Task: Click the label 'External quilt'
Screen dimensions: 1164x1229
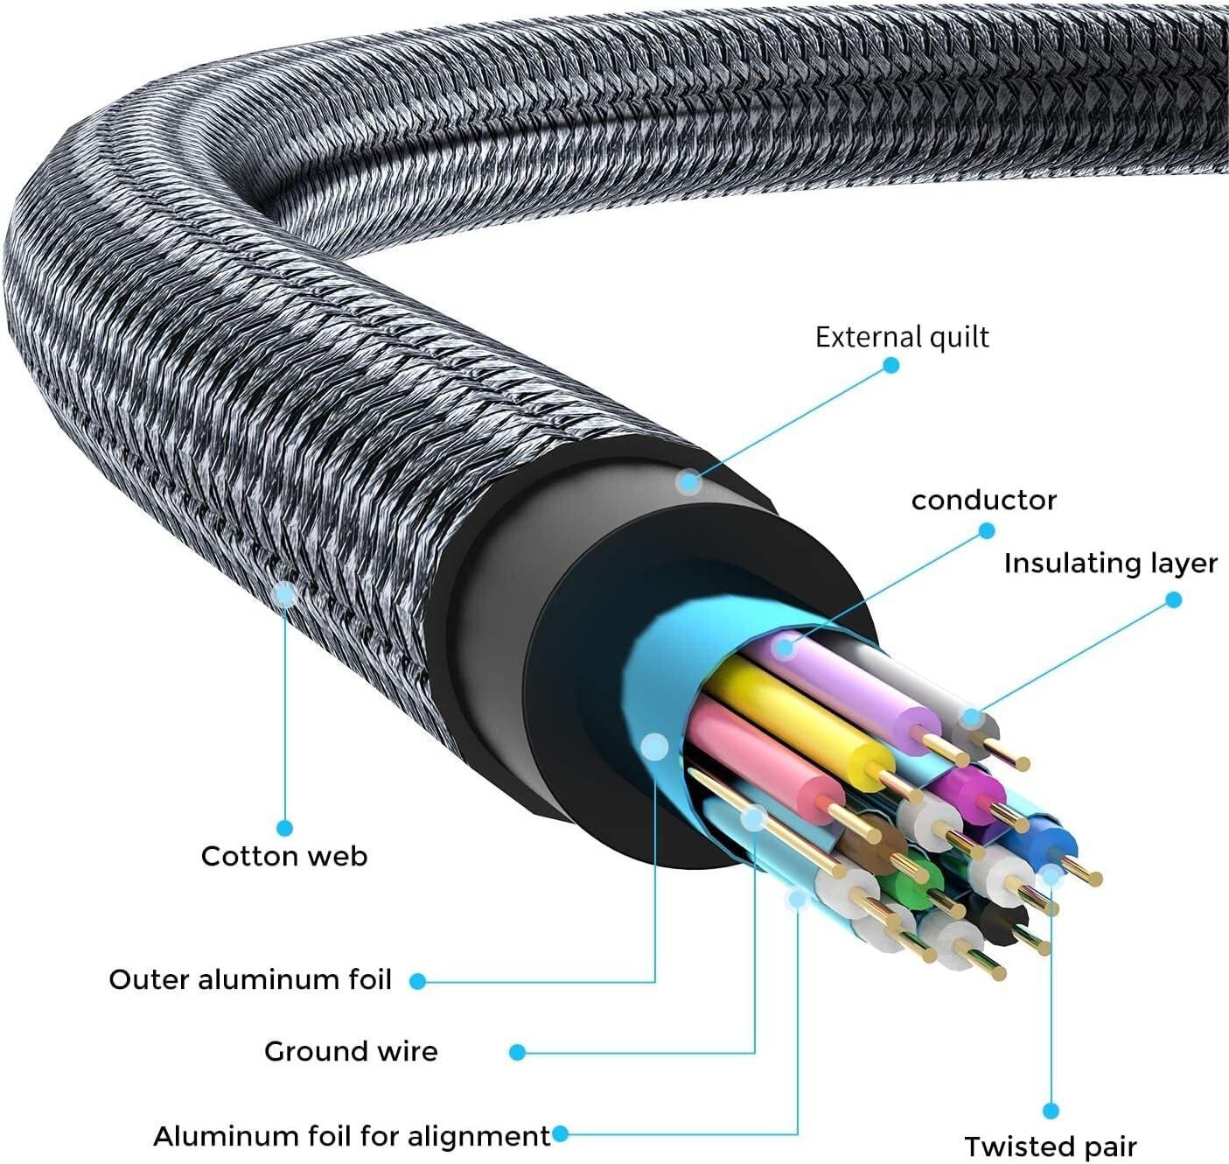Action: tap(902, 337)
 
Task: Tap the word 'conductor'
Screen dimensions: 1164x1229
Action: tap(983, 501)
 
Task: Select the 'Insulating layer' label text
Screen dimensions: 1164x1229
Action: tap(1110, 564)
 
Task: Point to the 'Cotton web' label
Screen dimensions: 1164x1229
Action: tap(284, 856)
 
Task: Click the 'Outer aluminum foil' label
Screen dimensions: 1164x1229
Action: tap(250, 979)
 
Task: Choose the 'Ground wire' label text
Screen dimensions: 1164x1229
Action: tap(351, 1051)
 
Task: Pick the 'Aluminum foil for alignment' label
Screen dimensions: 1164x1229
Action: tap(352, 1136)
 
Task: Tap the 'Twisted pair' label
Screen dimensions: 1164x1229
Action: tap(1051, 1146)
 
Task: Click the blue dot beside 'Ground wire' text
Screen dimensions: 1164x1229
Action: tap(518, 1052)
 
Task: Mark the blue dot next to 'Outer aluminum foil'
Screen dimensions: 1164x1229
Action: tap(418, 981)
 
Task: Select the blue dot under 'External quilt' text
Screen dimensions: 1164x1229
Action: tap(890, 365)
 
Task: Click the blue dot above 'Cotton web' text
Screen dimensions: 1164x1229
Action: tap(284, 827)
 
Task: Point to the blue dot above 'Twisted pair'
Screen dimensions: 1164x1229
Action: tap(1051, 1111)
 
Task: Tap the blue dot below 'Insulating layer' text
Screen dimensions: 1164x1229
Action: tap(1174, 600)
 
